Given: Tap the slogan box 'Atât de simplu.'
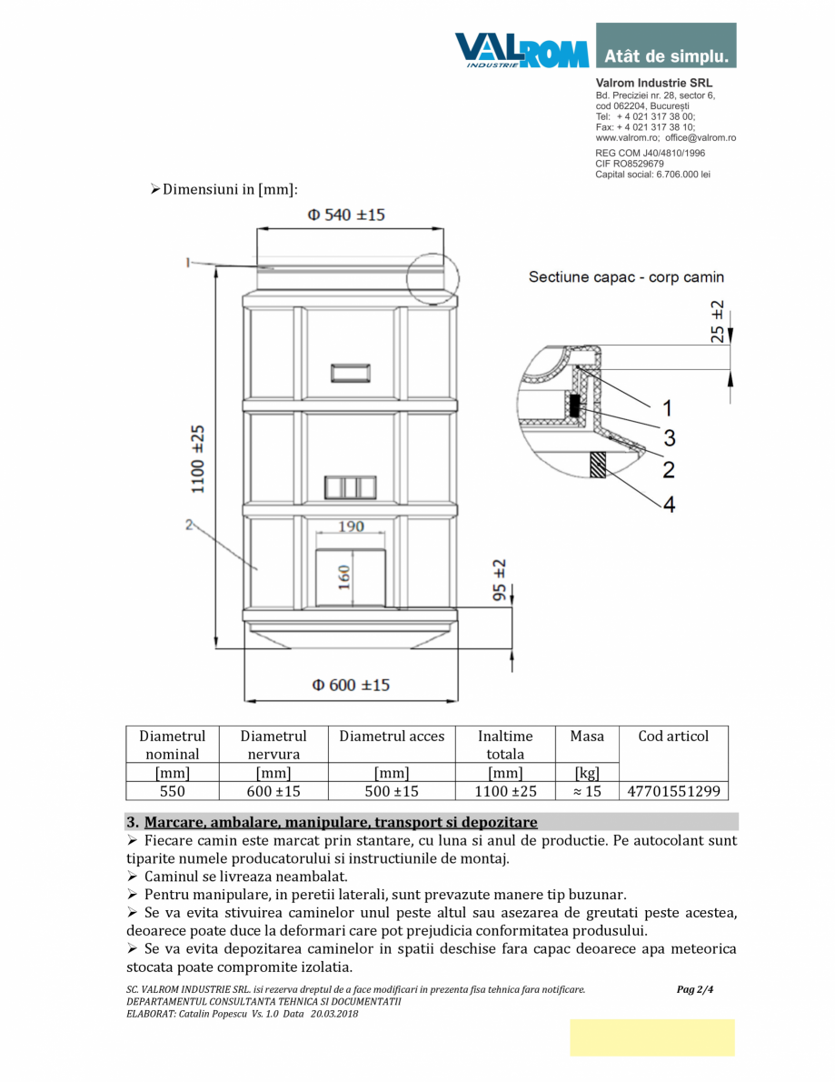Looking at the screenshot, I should click(666, 56).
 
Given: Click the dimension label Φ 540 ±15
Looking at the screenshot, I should click(345, 215).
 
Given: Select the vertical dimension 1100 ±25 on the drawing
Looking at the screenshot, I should click(198, 459).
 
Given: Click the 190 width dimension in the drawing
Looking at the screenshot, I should click(351, 526).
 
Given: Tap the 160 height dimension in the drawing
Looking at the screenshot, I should click(345, 577).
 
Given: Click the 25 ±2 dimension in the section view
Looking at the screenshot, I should click(718, 320).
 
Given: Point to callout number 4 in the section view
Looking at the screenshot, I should click(669, 503).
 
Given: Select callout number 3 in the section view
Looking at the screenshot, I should click(669, 438).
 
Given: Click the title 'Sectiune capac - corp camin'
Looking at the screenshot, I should click(626, 277).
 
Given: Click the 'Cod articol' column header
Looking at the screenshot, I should click(673, 736).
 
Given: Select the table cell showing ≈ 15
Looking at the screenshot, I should click(587, 791).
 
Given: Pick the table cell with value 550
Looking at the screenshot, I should click(173, 791).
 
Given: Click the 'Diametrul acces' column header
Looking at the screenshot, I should click(392, 736).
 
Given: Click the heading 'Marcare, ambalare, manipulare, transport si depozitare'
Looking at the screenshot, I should click(341, 822).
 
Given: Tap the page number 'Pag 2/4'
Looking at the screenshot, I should click(695, 989).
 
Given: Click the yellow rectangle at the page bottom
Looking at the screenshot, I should click(651, 1037).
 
